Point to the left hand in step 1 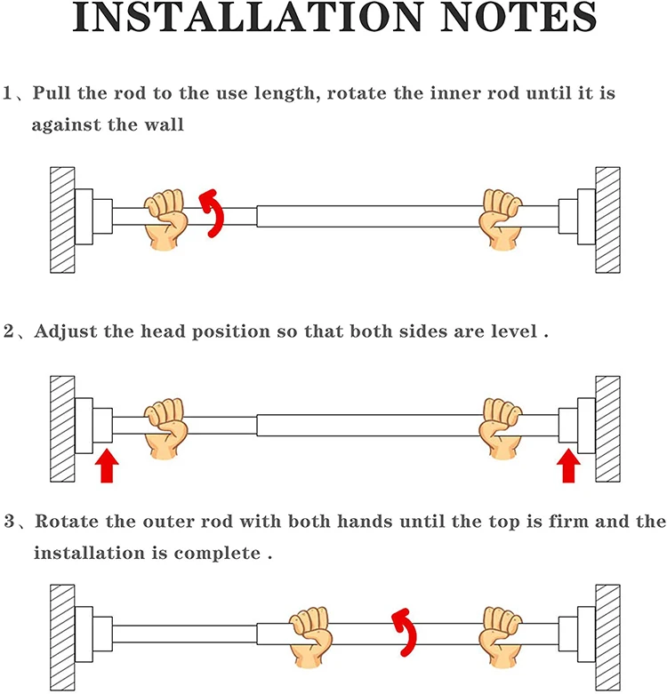coord(166,218)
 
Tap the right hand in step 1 coord(502,216)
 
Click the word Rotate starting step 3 coord(74,522)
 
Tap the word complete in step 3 coord(221,553)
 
